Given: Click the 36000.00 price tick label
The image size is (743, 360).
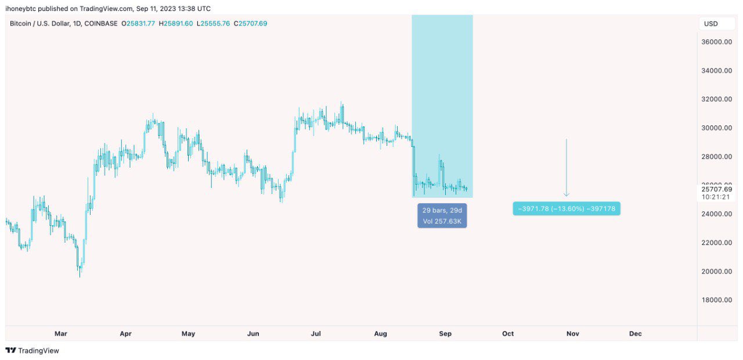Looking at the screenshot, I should (716, 42).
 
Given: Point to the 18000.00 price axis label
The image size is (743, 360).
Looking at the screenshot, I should (716, 300).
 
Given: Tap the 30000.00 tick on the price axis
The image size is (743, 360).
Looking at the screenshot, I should (716, 128).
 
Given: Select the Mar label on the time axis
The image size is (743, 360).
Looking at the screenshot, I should (61, 334).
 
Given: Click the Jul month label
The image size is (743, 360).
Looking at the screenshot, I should (316, 334).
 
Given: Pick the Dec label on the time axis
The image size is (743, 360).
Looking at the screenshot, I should (636, 334).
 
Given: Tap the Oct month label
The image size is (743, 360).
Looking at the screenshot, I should (508, 334).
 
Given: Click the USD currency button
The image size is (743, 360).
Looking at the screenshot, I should (710, 24).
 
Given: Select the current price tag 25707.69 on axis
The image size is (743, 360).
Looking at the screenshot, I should (716, 189).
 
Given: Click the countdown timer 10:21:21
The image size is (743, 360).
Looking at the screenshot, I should (716, 197).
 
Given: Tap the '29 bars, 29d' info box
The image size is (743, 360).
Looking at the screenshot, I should (442, 210).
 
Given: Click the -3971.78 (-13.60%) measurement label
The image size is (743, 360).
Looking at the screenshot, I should (566, 209).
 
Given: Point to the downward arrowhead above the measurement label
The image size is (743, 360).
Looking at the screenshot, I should (567, 195).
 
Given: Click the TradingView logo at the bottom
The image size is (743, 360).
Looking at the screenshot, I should (33, 351).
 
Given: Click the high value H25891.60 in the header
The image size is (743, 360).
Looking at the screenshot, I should (178, 23).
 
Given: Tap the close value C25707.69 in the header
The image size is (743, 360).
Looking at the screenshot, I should (250, 23).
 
